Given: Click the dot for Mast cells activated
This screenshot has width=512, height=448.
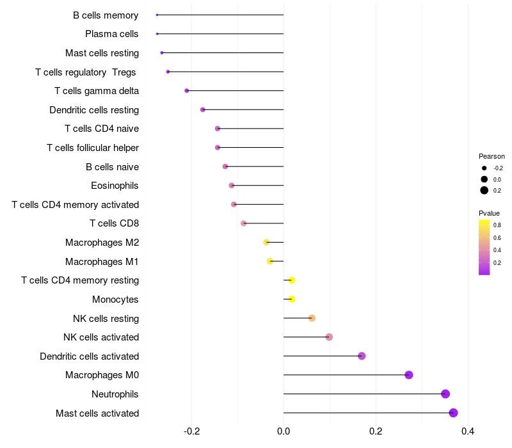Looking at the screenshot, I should pos(453,413).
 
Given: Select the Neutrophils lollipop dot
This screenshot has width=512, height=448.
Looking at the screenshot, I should pos(445,394).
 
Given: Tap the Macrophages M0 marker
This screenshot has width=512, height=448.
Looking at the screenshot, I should pos(409,375).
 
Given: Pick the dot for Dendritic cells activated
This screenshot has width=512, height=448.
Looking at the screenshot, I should pos(362,356).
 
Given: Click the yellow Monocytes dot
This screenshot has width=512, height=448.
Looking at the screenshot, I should pos(292,299).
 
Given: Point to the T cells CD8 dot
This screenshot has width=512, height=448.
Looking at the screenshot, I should pos(243,223).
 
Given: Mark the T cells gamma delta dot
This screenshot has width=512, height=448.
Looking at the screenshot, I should pos(187,91).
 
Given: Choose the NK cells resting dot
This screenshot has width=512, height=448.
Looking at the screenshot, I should pos(312,318).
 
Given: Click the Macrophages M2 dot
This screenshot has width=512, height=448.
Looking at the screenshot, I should pos(266,243).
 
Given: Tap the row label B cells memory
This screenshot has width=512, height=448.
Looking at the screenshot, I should pos(106,15).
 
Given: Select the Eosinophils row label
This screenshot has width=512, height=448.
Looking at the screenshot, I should pos(115,186).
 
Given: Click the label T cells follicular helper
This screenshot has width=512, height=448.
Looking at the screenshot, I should pos(93,148).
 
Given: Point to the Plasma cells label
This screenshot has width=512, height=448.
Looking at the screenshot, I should pos(112,34).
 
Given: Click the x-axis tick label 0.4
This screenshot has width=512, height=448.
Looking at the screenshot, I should pos(468,431).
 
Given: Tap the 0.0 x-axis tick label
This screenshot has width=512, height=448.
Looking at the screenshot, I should pos(284,431).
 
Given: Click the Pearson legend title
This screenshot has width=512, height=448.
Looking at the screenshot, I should pos(492,156).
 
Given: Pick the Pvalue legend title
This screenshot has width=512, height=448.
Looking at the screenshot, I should pos(489,213).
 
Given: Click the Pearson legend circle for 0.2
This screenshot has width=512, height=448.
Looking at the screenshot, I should pos(484,190).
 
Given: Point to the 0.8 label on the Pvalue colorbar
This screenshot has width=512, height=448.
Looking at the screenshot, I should pos(497,225).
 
